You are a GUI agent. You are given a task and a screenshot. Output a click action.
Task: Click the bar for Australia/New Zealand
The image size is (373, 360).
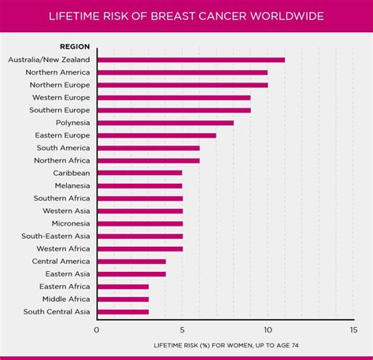(x=190, y=60)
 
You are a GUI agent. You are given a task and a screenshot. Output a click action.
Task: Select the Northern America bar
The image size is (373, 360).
(x=182, y=72)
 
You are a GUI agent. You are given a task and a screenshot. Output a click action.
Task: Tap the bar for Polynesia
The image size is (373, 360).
(x=164, y=123)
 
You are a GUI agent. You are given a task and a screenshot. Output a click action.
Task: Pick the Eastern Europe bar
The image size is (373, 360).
(x=156, y=135)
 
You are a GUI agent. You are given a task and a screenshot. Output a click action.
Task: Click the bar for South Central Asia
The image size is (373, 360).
(x=122, y=311)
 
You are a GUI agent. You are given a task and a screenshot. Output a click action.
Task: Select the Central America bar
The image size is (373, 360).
(x=131, y=261)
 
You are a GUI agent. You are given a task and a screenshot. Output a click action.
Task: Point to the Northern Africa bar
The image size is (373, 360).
(x=148, y=160)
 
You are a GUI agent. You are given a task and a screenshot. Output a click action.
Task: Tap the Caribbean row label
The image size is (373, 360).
(x=71, y=173)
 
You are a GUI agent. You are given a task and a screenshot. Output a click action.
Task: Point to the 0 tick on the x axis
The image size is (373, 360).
(x=97, y=330)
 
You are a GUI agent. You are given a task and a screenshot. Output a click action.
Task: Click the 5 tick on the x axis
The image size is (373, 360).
(x=183, y=330)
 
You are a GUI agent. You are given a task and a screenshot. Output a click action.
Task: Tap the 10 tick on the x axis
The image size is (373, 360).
(x=268, y=330)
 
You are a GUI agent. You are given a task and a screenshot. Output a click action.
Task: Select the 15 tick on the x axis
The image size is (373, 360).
(x=353, y=330)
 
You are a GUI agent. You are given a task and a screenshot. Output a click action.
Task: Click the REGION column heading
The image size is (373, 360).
(x=75, y=46)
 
